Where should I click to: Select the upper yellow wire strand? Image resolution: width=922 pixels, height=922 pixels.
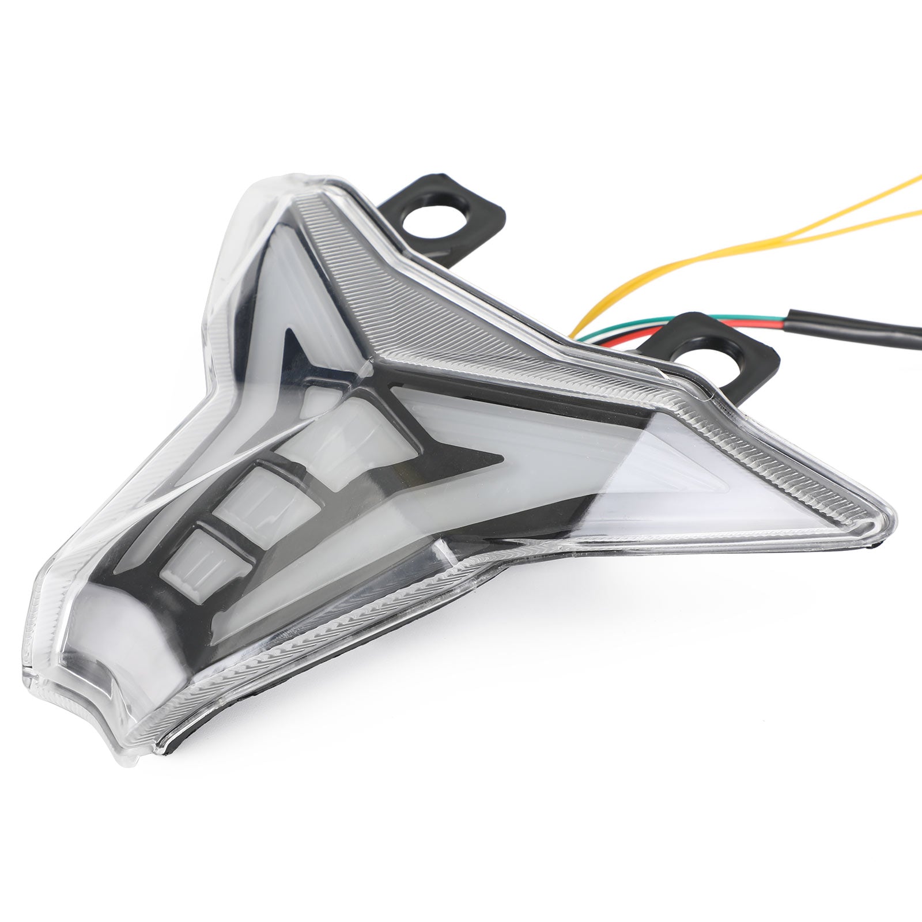(x=864, y=196)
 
